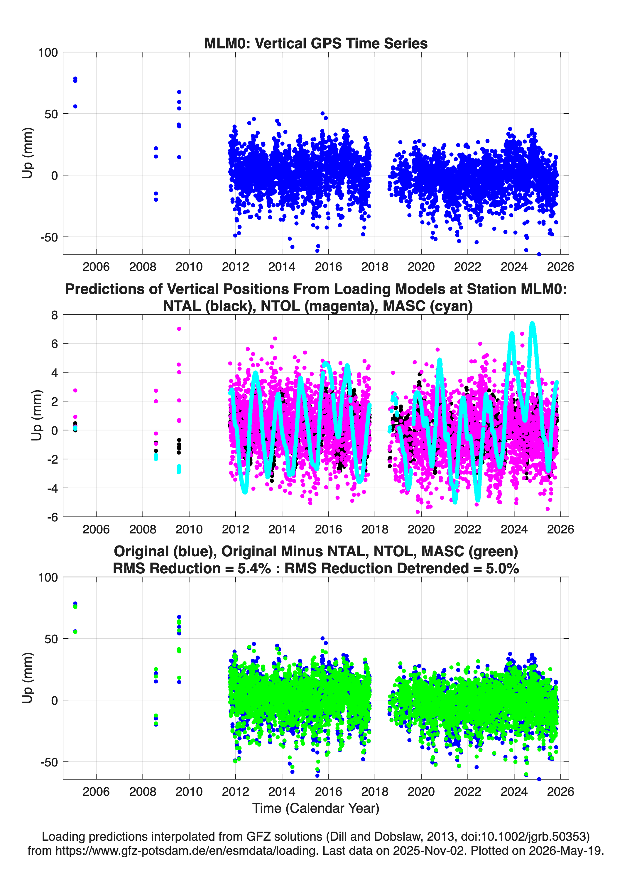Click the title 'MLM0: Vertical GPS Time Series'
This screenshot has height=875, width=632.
click(x=316, y=43)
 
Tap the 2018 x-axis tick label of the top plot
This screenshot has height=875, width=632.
click(x=375, y=267)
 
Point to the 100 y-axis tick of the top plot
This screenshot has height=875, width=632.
click(x=48, y=52)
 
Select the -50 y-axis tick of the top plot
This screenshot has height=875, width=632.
click(x=49, y=237)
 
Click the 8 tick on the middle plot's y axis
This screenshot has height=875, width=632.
click(x=54, y=315)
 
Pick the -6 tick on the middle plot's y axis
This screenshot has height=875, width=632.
click(x=53, y=517)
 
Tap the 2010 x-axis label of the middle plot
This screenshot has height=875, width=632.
click(x=189, y=529)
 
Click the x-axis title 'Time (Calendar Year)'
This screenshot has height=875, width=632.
click(x=316, y=808)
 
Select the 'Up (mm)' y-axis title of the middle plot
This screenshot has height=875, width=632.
click(x=37, y=415)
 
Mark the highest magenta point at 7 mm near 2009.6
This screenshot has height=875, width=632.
click(x=179, y=329)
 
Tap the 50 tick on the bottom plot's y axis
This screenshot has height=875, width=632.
click(x=51, y=639)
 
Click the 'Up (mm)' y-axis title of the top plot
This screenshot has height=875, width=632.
click(x=27, y=153)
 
